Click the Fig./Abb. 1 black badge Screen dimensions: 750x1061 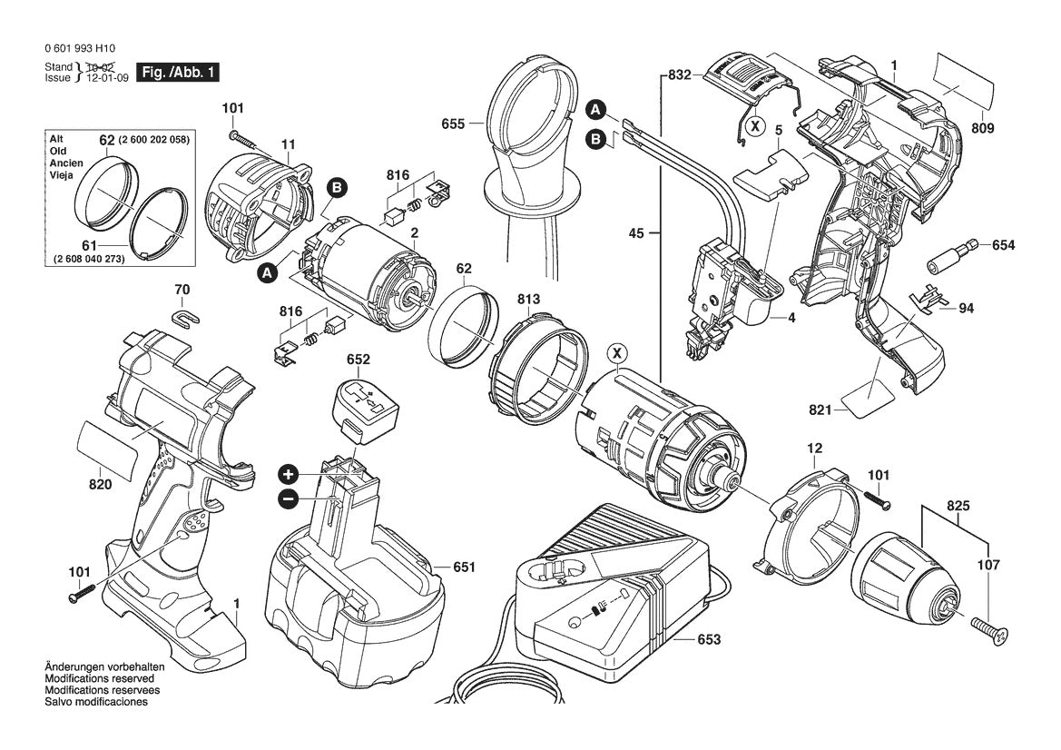tap(177, 72)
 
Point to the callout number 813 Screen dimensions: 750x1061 tap(529, 299)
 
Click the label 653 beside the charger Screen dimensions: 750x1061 tap(708, 639)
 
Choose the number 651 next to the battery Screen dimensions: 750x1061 tap(463, 567)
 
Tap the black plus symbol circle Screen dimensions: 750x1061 tap(288, 474)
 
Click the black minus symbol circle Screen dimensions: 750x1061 tap(288, 498)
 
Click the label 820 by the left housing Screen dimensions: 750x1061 tap(100, 485)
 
